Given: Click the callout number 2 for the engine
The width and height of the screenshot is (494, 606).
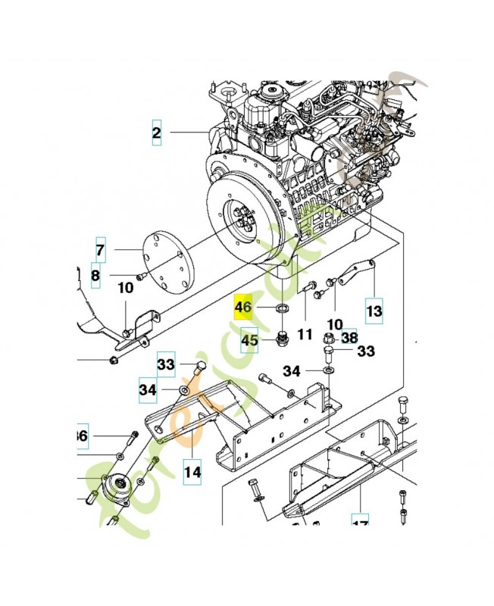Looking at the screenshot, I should (x=157, y=133).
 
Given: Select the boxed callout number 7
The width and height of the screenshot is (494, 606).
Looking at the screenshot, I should (x=100, y=248).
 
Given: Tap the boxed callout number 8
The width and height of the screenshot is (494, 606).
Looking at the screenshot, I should (x=95, y=276).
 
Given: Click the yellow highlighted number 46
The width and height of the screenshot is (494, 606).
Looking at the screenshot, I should (x=243, y=308).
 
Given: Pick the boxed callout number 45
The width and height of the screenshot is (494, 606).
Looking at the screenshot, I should (x=250, y=341).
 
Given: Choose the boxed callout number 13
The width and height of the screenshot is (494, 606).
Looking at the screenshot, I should (x=374, y=310).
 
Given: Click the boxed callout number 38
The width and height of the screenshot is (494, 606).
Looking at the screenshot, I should (x=349, y=337).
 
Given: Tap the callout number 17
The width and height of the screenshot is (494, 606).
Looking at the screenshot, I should (x=360, y=522).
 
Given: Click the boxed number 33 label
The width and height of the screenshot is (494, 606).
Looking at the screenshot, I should (x=166, y=364).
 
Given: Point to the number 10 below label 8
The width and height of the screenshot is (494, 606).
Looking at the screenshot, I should (x=125, y=288).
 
